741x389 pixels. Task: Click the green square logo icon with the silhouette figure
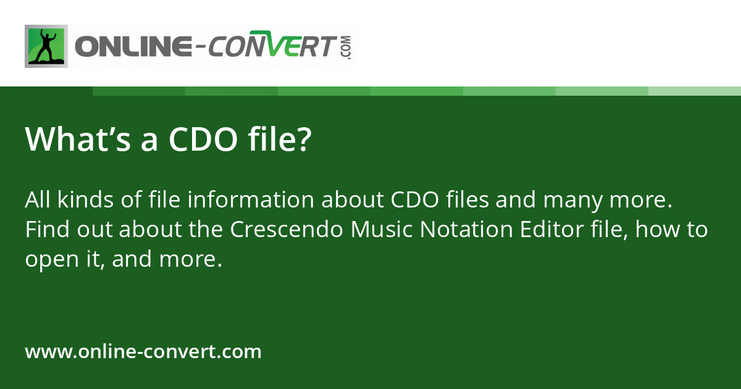pos(46,46)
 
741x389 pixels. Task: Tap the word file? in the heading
pos(280,140)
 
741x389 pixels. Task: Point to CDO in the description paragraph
pos(417,201)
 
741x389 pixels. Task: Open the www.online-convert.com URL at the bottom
pos(143,352)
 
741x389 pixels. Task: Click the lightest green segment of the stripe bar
pos(695,91)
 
